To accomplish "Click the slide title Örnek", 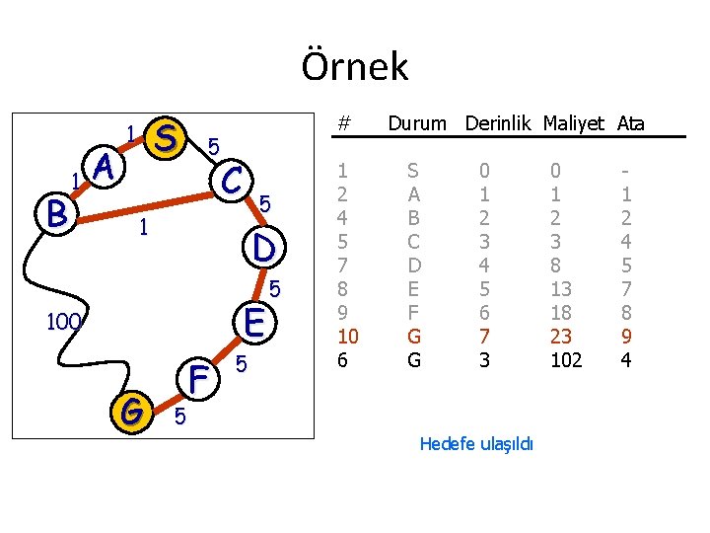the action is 354,66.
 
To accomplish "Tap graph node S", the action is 167,138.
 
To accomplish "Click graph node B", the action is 55,212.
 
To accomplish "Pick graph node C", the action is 234,181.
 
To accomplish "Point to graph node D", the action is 263,246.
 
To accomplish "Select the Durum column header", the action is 417,124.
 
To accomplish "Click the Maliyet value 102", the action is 566,360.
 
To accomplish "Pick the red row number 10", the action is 347,337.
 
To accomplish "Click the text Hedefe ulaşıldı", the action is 476,444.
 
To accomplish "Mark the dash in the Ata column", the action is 626,171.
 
